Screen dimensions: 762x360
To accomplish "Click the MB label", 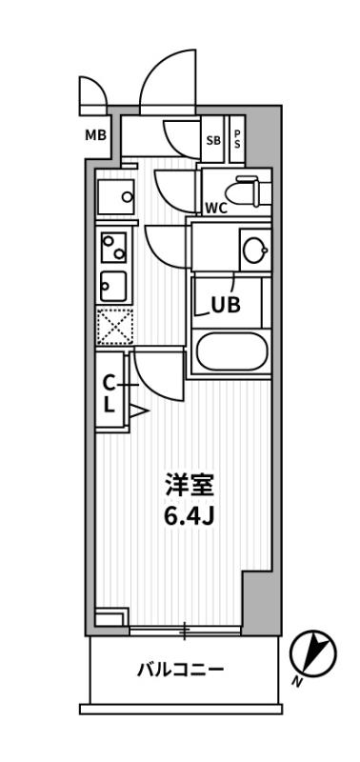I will click(96, 134).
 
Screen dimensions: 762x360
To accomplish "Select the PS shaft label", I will click(237, 136).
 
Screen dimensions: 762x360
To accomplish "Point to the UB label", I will click(225, 305).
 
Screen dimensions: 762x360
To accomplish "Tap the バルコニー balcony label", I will click(180, 671).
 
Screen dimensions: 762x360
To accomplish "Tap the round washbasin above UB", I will click(253, 250).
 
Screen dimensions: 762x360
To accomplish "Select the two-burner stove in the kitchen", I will click(113, 249).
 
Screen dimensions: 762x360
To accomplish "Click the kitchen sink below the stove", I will click(112, 284).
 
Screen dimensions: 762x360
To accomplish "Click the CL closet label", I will click(109, 392).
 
